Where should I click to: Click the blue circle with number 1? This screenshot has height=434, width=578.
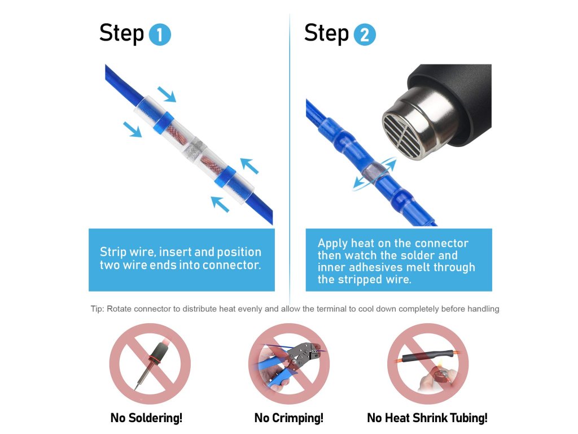pyautogui.click(x=160, y=34)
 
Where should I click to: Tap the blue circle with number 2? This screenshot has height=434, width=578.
pyautogui.click(x=365, y=34)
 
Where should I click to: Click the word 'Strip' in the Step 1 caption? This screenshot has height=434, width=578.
pyautogui.click(x=113, y=252)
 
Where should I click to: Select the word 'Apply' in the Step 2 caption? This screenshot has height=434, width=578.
pyautogui.click(x=332, y=244)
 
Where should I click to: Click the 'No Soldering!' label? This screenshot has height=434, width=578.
pyautogui.click(x=146, y=418)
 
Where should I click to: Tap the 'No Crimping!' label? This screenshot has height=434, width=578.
pyautogui.click(x=288, y=418)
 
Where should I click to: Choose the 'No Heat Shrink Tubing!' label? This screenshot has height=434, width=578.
pyautogui.click(x=427, y=418)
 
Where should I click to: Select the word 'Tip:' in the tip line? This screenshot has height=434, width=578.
pyautogui.click(x=97, y=309)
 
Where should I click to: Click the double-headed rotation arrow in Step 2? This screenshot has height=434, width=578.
pyautogui.click(x=375, y=173)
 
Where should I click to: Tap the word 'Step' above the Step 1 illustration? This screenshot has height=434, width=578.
pyautogui.click(x=122, y=33)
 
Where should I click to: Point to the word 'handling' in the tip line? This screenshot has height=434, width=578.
pyautogui.click(x=483, y=309)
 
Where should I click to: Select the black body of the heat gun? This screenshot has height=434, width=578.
pyautogui.click(x=453, y=103)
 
